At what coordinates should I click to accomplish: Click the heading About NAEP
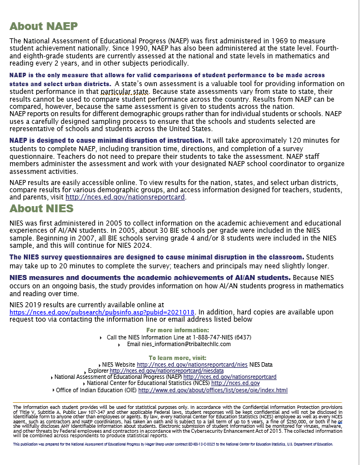[43, 26]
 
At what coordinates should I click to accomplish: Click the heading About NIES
[41, 209]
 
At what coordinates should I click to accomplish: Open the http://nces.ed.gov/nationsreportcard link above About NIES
[125, 197]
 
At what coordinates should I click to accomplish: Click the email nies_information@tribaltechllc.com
[186, 344]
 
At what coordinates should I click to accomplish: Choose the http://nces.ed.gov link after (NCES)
[236, 383]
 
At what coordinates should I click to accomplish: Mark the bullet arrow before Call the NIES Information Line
[101, 338]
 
